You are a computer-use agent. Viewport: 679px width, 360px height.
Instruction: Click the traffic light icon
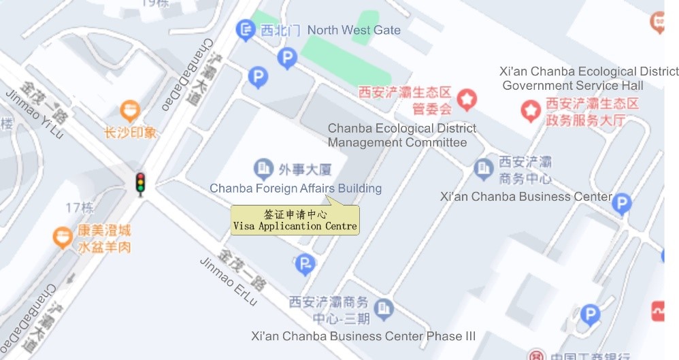(x=140, y=184)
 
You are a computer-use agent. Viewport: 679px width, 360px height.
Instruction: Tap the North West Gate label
(x=354, y=30)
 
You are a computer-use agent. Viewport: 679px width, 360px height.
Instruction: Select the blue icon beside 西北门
(x=244, y=29)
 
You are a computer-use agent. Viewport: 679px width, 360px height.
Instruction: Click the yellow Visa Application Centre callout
(x=295, y=220)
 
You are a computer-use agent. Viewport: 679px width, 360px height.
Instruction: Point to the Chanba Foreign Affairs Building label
(x=295, y=189)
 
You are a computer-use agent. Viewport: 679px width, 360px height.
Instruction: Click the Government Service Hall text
(x=573, y=86)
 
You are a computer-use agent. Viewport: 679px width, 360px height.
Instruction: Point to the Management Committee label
(x=397, y=143)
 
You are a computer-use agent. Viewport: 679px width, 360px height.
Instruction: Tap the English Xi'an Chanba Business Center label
(x=526, y=197)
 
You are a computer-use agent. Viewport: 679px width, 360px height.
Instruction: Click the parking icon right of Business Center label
(x=621, y=203)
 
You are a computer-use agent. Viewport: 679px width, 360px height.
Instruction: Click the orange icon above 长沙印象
(x=130, y=110)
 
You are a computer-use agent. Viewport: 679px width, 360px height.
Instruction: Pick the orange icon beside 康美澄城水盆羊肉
(x=63, y=236)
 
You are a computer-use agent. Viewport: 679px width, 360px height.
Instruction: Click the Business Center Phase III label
(x=363, y=336)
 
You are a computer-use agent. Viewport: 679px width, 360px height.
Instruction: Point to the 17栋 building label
(x=80, y=208)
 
